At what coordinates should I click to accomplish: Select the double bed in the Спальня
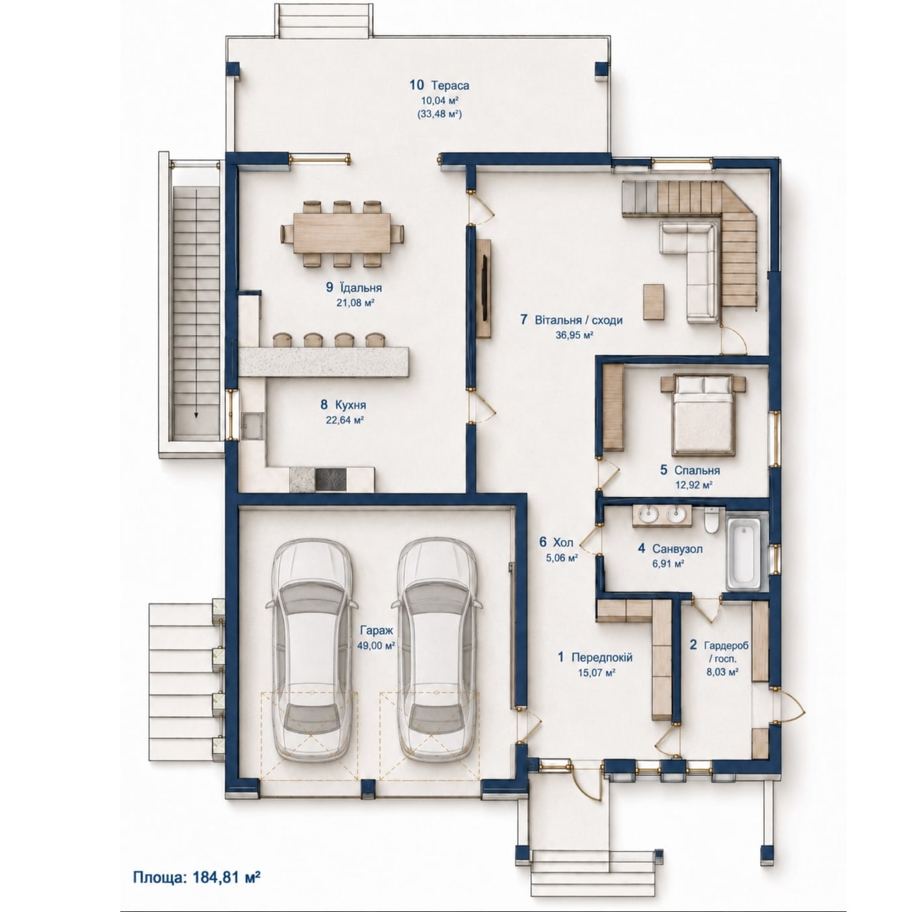703,415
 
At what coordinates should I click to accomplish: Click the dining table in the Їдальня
342,233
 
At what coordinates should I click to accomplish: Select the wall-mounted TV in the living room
486,288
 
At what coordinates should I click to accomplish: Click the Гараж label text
376,630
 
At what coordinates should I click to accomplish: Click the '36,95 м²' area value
574,335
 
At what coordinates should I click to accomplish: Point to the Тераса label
450,86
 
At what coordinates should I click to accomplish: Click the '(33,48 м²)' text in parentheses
439,114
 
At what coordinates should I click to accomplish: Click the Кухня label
350,405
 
